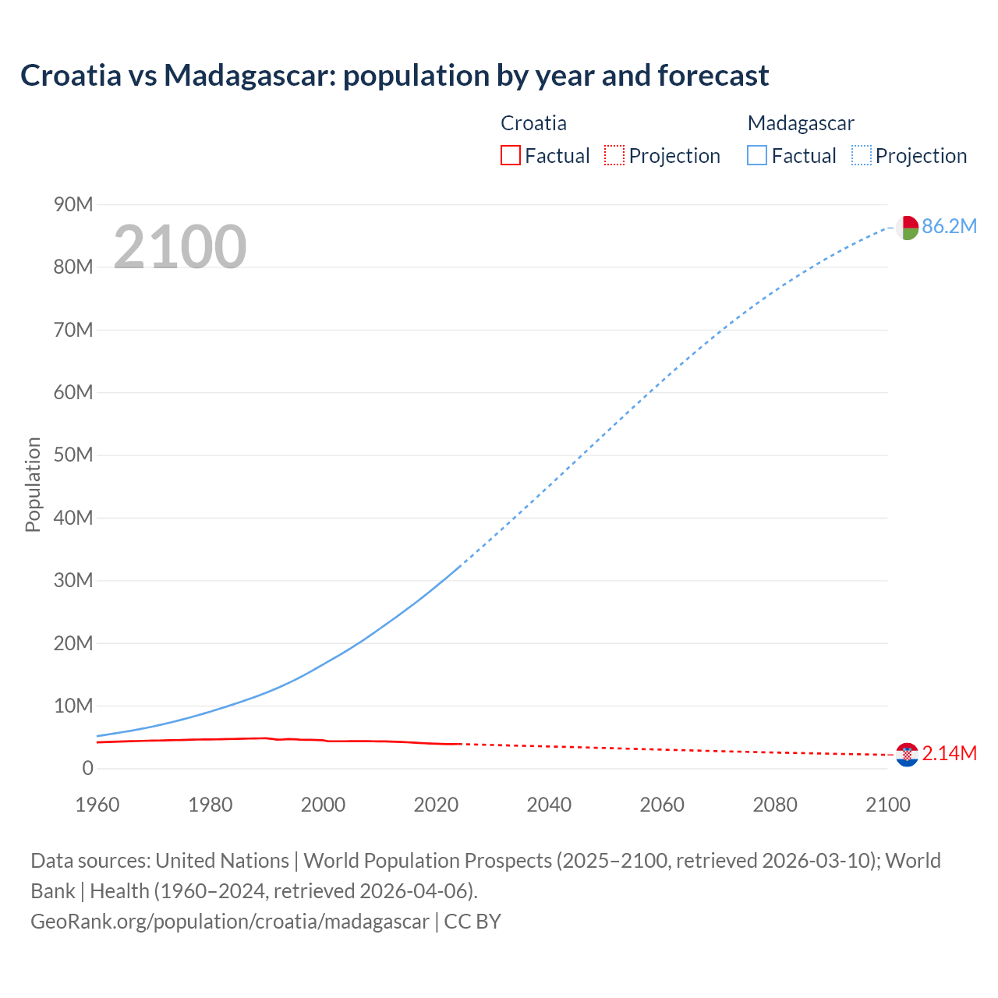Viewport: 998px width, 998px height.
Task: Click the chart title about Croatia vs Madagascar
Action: [x=395, y=76]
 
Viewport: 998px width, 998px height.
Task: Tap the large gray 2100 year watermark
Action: [x=180, y=247]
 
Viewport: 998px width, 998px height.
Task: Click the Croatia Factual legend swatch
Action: [x=510, y=156]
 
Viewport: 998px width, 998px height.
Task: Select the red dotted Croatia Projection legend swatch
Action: [x=614, y=156]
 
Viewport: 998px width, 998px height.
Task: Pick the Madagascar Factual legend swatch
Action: [x=756, y=156]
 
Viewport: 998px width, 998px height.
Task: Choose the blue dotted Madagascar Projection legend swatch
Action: [x=861, y=156]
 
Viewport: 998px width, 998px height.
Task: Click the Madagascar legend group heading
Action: [x=801, y=123]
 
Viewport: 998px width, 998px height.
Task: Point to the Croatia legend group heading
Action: [x=533, y=123]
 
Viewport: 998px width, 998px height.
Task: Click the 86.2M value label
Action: [x=949, y=227]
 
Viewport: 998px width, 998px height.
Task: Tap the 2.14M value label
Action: [x=949, y=754]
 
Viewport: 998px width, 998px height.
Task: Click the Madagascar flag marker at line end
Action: [x=907, y=228]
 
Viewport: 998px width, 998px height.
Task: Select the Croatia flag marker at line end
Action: [x=907, y=755]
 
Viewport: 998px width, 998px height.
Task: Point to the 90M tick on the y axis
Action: [x=73, y=205]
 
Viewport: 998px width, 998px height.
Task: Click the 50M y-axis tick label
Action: [x=73, y=455]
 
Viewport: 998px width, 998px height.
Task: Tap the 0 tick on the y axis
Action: [x=87, y=769]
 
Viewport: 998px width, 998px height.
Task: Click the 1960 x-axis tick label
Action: [x=97, y=805]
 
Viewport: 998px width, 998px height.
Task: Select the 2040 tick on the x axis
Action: [x=549, y=805]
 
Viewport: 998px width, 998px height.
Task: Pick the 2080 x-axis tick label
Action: [x=775, y=805]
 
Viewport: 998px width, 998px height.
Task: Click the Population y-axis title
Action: [x=33, y=485]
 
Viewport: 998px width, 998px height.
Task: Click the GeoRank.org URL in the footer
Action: [x=230, y=922]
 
